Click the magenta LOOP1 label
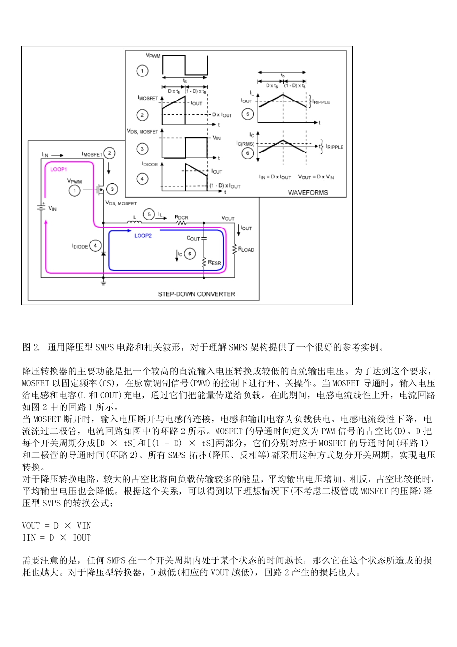(x=59, y=169)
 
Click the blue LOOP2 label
(x=143, y=236)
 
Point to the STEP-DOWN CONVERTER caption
(x=196, y=294)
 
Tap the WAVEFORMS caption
(x=308, y=193)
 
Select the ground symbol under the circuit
(x=103, y=282)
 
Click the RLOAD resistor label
(x=246, y=249)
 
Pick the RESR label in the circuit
(x=215, y=263)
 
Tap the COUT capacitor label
(x=193, y=238)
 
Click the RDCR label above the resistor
(x=181, y=217)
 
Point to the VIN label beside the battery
(x=52, y=209)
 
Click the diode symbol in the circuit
(x=103, y=253)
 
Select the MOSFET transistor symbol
(x=100, y=190)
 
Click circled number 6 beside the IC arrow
(x=190, y=254)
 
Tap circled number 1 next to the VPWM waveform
(x=142, y=71)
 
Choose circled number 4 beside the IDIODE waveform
(x=142, y=178)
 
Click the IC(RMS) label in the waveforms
(x=245, y=143)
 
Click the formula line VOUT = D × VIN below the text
(x=56, y=526)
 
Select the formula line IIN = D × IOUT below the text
(x=56, y=538)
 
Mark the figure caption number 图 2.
(x=32, y=347)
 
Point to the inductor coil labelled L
(x=135, y=222)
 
